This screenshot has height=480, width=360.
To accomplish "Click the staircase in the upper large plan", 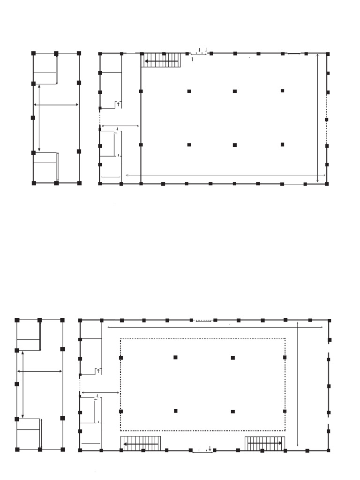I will (162, 60).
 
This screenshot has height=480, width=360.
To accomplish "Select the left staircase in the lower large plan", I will (141, 443).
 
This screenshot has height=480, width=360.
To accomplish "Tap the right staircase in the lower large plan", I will (265, 443).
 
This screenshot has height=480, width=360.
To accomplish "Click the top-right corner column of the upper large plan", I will (327, 53).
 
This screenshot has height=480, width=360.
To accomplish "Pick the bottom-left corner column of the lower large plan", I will (80, 450).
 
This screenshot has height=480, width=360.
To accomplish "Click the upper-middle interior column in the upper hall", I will (235, 91).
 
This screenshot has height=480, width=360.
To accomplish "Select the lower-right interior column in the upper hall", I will (283, 145).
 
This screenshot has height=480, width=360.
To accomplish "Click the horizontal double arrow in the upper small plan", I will (56, 105).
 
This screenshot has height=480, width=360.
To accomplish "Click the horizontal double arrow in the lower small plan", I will (39, 371).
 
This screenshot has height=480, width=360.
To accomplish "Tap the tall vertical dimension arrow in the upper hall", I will (318, 118).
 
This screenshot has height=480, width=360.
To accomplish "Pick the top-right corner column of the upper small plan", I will (79, 53).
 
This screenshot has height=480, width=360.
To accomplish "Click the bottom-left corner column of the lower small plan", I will (17, 450).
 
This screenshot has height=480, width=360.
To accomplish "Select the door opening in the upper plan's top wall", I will (201, 53).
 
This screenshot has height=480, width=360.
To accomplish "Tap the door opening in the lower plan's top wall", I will (203, 321).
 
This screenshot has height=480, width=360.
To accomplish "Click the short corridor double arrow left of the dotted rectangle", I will (100, 392).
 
